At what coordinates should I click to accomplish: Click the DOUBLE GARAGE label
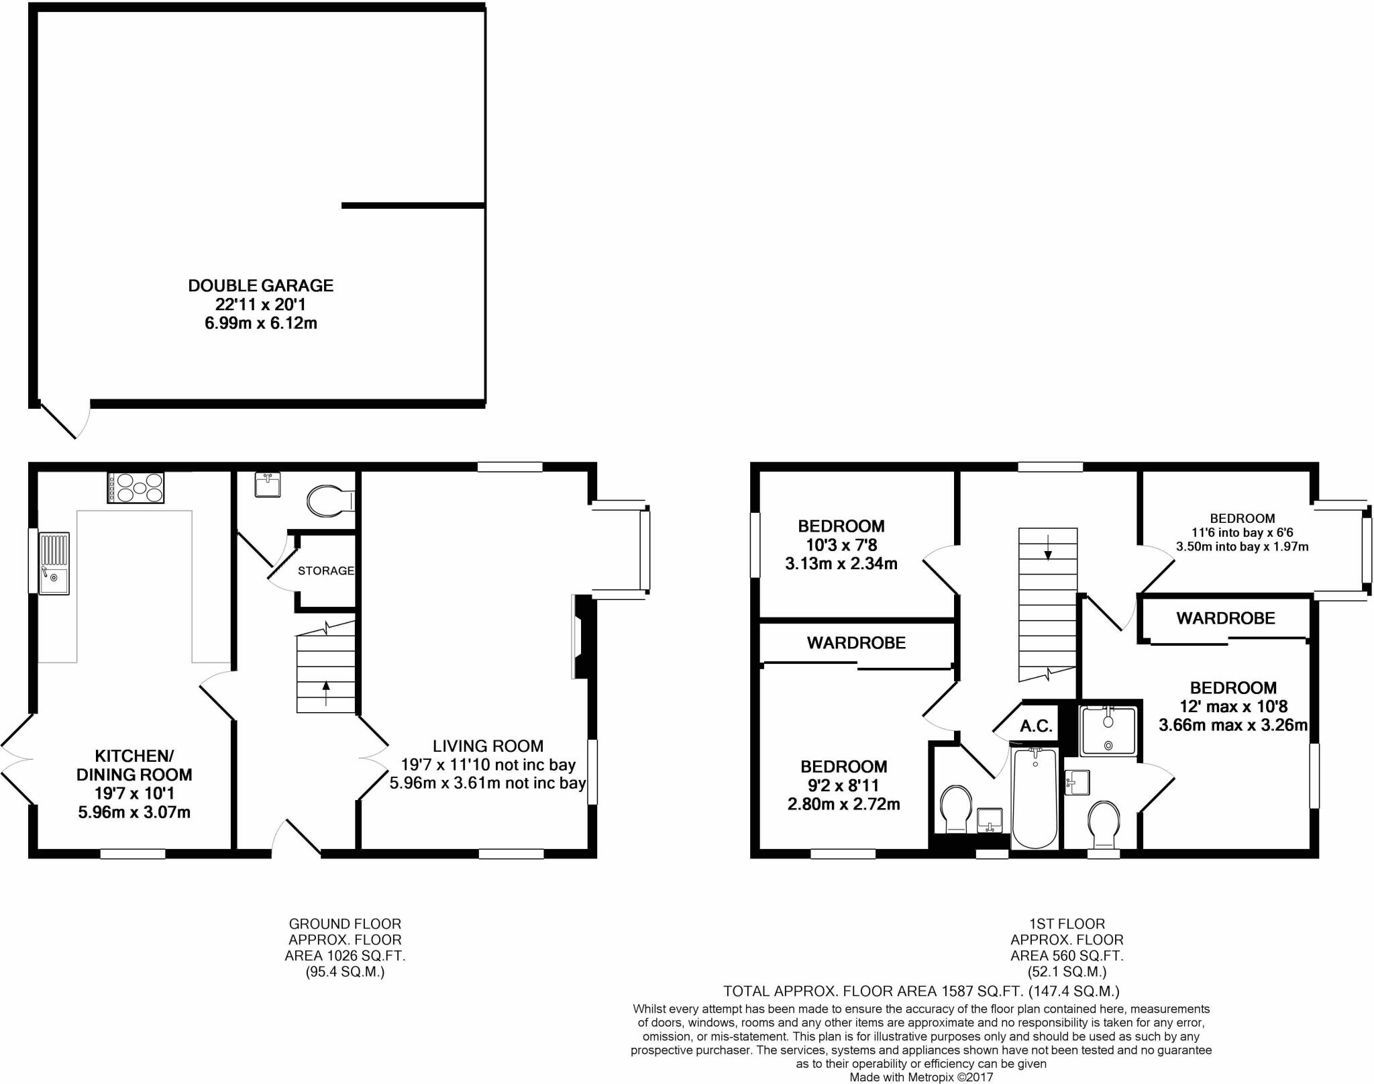[x=260, y=286]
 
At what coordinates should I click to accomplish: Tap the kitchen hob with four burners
[x=136, y=487]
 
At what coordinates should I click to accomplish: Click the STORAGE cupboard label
[x=326, y=571]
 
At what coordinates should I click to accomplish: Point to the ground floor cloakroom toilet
[x=329, y=501]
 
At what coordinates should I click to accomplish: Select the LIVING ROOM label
[x=488, y=746]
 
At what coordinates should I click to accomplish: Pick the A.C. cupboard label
[x=1036, y=726]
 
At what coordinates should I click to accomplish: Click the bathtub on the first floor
[x=1034, y=799]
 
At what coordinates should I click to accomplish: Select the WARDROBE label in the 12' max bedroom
[x=1225, y=618]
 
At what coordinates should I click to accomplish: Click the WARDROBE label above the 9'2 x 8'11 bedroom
[x=856, y=643]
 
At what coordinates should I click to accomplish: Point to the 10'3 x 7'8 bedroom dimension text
[x=841, y=545]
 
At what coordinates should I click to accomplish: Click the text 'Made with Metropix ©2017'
[x=920, y=1077]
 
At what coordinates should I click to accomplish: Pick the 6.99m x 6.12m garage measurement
[x=260, y=324]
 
